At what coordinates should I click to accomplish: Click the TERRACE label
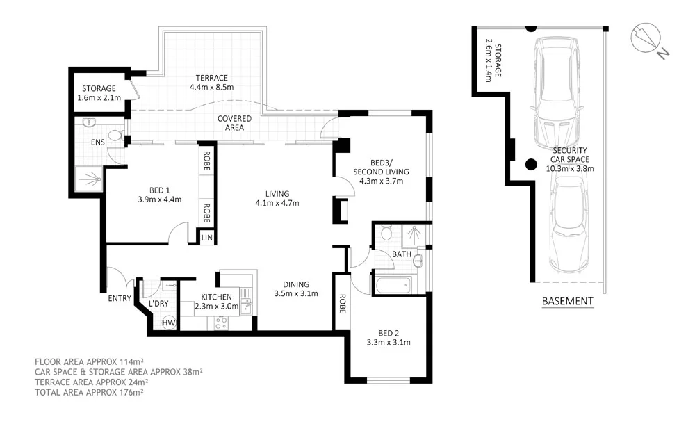tap(211, 78)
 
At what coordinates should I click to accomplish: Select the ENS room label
tap(97, 142)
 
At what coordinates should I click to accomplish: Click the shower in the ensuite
tap(89, 180)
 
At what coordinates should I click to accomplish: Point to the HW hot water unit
tap(168, 323)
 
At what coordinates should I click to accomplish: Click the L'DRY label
tap(159, 304)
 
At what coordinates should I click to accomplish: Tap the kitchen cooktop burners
tap(222, 323)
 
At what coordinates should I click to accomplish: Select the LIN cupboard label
tap(206, 238)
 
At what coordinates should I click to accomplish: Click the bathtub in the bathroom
tap(393, 285)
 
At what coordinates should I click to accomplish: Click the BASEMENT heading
tap(566, 302)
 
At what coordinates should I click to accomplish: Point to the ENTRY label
tap(119, 298)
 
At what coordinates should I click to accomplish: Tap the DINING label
tap(295, 284)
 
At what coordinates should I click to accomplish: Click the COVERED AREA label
tap(234, 123)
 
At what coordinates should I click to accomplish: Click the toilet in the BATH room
tap(386, 234)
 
